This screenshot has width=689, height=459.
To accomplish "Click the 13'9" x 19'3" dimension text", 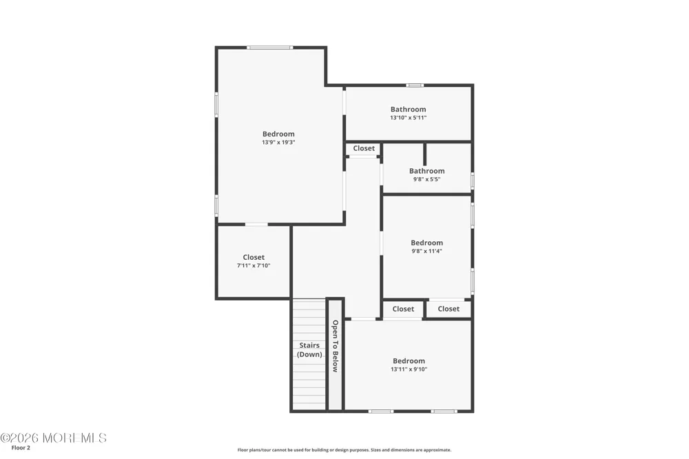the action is pos(278,143).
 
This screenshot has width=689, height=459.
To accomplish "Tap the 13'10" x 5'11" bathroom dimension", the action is pos(408,118).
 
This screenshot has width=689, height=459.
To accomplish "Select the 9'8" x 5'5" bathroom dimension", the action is pos(426,179).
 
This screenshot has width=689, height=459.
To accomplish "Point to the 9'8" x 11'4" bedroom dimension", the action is pos(426,251).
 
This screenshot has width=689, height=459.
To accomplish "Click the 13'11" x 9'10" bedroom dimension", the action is pos(409,369).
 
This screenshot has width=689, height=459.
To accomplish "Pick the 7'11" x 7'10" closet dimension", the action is pos(254,265).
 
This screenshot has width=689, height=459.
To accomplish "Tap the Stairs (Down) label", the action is pos(309,350).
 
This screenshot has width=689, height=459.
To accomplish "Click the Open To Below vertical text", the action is pos(336,346).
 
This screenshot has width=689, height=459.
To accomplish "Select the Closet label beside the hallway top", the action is pos(364,149).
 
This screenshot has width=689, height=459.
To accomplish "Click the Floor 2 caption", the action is pos(21,448).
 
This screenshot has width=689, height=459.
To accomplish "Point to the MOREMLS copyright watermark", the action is pos(53,438).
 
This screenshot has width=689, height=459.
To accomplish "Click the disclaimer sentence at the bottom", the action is pos(344,450).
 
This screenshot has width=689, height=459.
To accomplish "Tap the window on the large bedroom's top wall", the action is pos(269,48).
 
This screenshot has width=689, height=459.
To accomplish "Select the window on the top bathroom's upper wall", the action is pos(414,85).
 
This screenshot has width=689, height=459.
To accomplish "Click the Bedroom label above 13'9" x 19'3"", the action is pos(278,134).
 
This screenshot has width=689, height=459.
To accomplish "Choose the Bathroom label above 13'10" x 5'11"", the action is pos(408,110).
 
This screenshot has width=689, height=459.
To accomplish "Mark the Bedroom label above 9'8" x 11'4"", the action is pos(426,243).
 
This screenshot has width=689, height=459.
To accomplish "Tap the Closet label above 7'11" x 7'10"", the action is pos(254,258).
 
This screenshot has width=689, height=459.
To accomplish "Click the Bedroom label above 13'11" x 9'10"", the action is pos(409,361).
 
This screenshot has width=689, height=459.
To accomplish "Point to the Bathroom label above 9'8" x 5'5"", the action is pos(426,171).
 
